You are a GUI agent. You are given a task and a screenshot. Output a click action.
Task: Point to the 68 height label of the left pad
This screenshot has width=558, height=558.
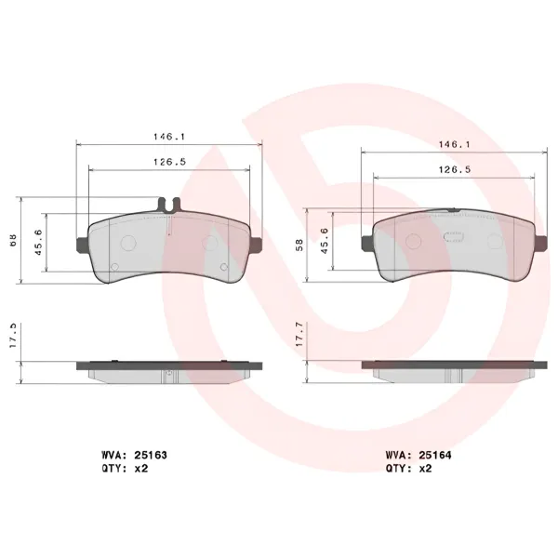point(12,239)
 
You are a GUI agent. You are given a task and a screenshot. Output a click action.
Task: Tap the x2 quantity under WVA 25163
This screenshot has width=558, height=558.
point(141,469)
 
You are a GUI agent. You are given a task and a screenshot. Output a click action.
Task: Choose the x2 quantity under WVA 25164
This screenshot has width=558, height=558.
point(425,469)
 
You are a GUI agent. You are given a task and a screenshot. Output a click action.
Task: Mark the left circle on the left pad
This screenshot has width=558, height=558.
point(129,242)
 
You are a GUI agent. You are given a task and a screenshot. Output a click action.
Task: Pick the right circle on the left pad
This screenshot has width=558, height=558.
point(209,243)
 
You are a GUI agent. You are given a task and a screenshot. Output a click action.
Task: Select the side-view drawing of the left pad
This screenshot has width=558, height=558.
point(168,369)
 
